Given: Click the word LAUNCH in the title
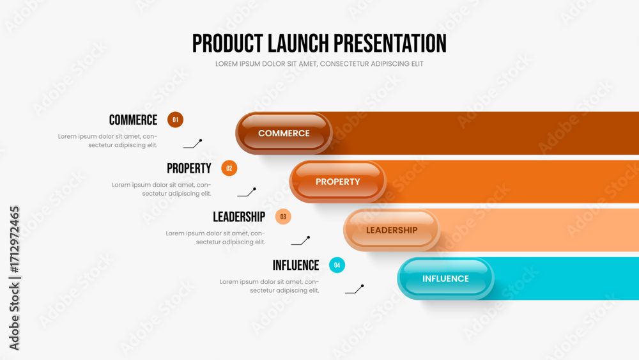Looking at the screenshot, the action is [x=298, y=43].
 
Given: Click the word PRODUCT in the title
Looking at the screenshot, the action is [x=227, y=43].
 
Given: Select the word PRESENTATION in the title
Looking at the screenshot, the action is [x=390, y=43].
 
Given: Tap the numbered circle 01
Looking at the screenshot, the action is [x=175, y=120].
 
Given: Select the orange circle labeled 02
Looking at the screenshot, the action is [x=229, y=168].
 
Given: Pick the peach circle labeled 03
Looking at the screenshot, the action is [x=283, y=217].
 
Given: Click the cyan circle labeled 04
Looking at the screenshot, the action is [x=337, y=265].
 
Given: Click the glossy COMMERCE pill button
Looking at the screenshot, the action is [x=284, y=133].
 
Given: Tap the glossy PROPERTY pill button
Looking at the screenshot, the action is [x=338, y=182].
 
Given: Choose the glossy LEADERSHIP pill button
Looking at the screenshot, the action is [x=392, y=230].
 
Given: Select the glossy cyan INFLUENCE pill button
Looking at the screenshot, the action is [x=445, y=278].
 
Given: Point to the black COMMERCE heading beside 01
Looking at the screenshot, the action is [x=134, y=120].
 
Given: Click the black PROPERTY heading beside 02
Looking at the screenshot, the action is [x=189, y=168].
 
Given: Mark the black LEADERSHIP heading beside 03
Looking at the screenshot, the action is [x=239, y=217].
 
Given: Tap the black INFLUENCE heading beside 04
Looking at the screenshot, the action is [x=296, y=265].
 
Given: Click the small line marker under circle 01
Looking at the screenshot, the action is [x=193, y=144].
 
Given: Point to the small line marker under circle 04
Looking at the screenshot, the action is [x=355, y=289].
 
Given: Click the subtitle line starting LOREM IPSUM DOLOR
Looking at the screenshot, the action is [x=319, y=64].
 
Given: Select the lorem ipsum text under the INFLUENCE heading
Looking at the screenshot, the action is [x=270, y=286].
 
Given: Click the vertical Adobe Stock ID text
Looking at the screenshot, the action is [x=14, y=278].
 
